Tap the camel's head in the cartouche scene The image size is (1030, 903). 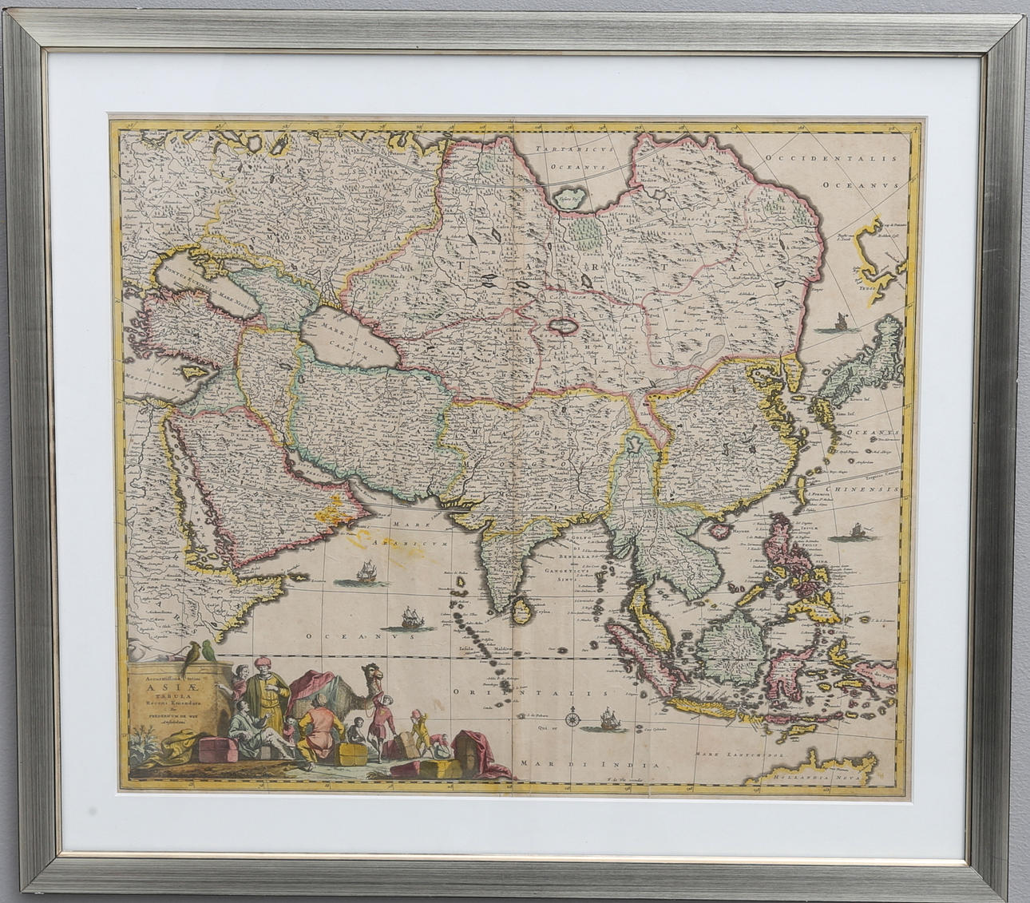376,679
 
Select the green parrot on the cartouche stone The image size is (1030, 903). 209,650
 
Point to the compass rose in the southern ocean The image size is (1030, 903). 572,719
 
